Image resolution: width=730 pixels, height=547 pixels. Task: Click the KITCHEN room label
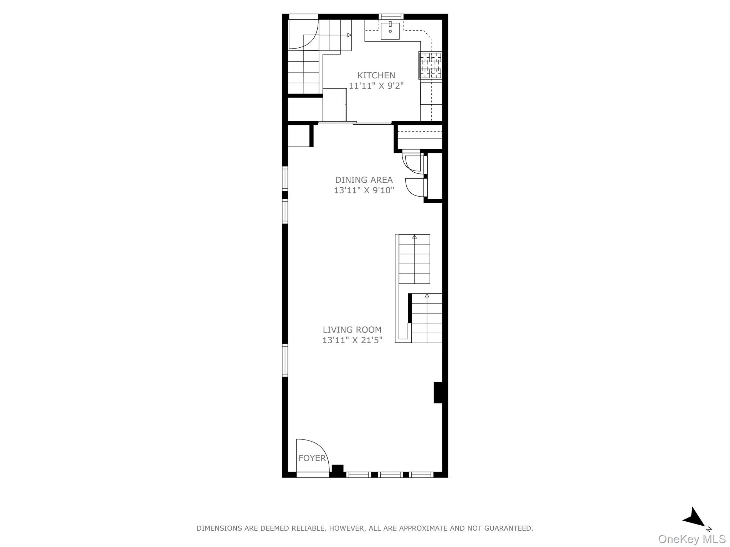376,75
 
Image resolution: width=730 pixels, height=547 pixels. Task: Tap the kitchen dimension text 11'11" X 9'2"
376,86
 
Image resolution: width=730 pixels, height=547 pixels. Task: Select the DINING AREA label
364,180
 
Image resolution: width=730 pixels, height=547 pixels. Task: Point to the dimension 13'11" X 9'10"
364,190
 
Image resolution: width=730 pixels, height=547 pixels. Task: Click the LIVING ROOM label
352,330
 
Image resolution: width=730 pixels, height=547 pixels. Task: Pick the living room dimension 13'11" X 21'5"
352,340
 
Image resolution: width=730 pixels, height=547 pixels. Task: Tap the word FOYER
312,458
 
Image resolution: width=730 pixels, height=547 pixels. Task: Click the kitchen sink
390,31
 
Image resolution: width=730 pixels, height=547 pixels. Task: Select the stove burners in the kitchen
431,65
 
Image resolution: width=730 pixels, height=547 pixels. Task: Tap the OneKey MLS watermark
692,539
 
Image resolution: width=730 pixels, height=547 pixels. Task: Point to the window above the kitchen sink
391,16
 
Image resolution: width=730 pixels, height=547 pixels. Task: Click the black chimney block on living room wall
438,392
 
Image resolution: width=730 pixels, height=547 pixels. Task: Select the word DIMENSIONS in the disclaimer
219,528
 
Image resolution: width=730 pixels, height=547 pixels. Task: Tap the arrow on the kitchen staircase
349,35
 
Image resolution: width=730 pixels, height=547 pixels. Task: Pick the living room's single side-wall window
285,360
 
